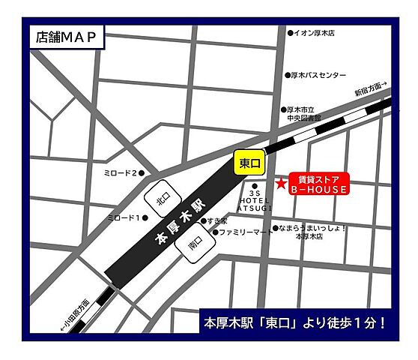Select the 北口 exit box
pos(159,200)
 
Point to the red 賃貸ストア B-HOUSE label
pos(318,184)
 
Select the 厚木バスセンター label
pos(318,75)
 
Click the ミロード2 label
pos(121,173)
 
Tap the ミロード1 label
pos(124,218)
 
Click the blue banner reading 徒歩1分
pos(295,323)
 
